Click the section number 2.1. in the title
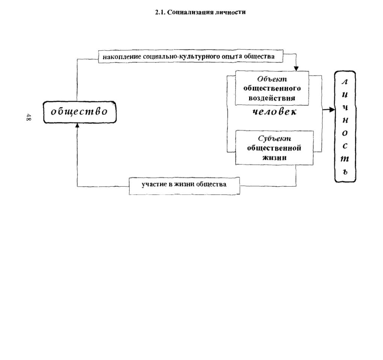(x=160, y=12)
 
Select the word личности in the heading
(x=230, y=12)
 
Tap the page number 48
(x=28, y=117)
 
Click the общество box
(x=80, y=112)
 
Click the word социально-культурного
(x=182, y=57)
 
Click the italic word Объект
(x=272, y=79)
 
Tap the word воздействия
(x=272, y=98)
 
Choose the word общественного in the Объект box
(x=272, y=88)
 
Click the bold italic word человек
(x=274, y=112)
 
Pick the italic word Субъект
(x=274, y=139)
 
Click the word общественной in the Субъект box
(x=274, y=148)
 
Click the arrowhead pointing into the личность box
(x=332, y=110)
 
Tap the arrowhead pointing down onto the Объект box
(x=296, y=68)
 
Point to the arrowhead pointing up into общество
(x=77, y=125)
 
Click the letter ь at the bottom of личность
(x=345, y=172)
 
